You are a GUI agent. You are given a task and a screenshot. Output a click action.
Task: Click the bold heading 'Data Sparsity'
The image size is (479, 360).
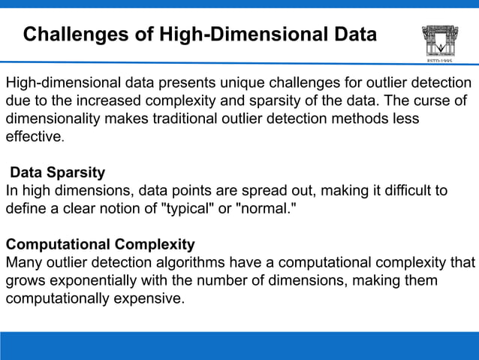(57, 173)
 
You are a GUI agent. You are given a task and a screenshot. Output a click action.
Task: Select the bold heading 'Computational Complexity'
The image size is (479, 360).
(101, 244)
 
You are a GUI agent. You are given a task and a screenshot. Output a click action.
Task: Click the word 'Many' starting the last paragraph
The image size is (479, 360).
(23, 262)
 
